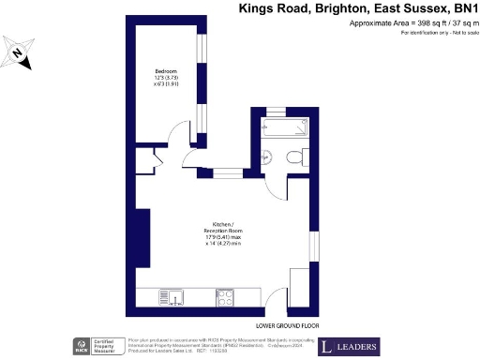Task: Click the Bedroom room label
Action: (166, 71)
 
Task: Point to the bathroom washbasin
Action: (266, 157)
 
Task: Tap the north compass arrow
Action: (20, 54)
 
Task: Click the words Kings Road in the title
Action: (273, 8)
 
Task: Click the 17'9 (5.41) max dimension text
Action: (222, 237)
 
